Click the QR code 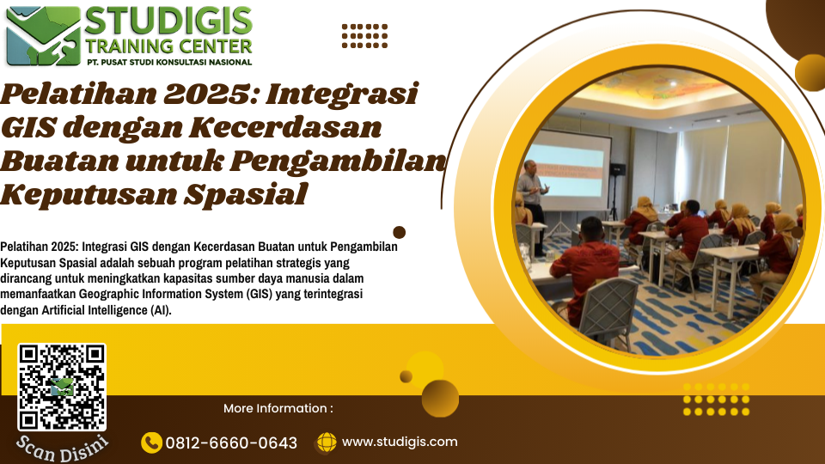(x=62, y=388)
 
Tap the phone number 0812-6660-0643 (x=231, y=443)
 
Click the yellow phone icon (x=151, y=443)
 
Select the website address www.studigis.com (x=400, y=442)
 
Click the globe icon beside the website (x=327, y=443)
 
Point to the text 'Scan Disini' (x=62, y=449)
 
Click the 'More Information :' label (x=278, y=408)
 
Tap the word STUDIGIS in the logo (x=168, y=21)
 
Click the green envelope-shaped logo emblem (x=43, y=36)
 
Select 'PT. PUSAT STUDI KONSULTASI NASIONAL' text (x=169, y=62)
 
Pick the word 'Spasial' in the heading (x=245, y=195)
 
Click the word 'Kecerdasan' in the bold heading (x=284, y=128)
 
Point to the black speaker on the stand (x=617, y=169)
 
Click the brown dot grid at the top (x=364, y=36)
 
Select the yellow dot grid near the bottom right (x=716, y=400)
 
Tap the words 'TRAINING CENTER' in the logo (x=169, y=46)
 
